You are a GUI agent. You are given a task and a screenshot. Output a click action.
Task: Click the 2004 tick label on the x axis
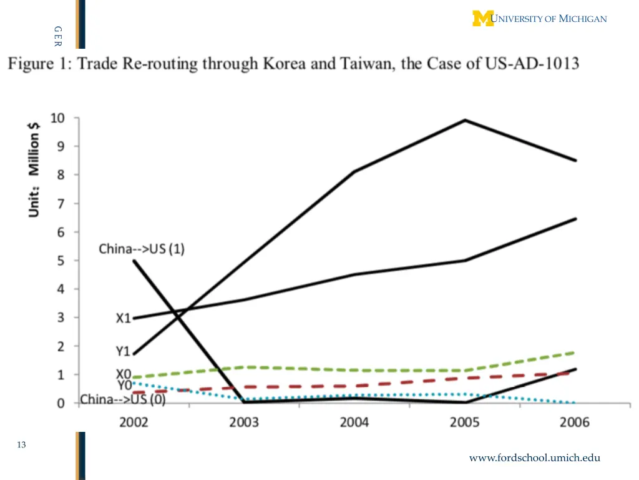354,422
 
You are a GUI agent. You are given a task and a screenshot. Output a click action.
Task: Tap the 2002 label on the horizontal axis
134,422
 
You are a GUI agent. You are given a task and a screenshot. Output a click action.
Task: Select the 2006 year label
575,422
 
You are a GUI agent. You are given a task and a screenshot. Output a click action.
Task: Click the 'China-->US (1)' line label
142,249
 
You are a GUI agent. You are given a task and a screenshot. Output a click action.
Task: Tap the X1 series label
124,318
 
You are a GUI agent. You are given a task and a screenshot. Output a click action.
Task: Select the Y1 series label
124,352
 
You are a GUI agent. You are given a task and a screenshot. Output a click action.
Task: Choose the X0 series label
124,374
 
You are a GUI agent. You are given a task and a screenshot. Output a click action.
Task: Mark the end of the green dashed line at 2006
575,352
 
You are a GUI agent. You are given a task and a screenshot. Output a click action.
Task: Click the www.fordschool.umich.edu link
535,457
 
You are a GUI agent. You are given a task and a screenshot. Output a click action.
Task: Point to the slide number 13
22,445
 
